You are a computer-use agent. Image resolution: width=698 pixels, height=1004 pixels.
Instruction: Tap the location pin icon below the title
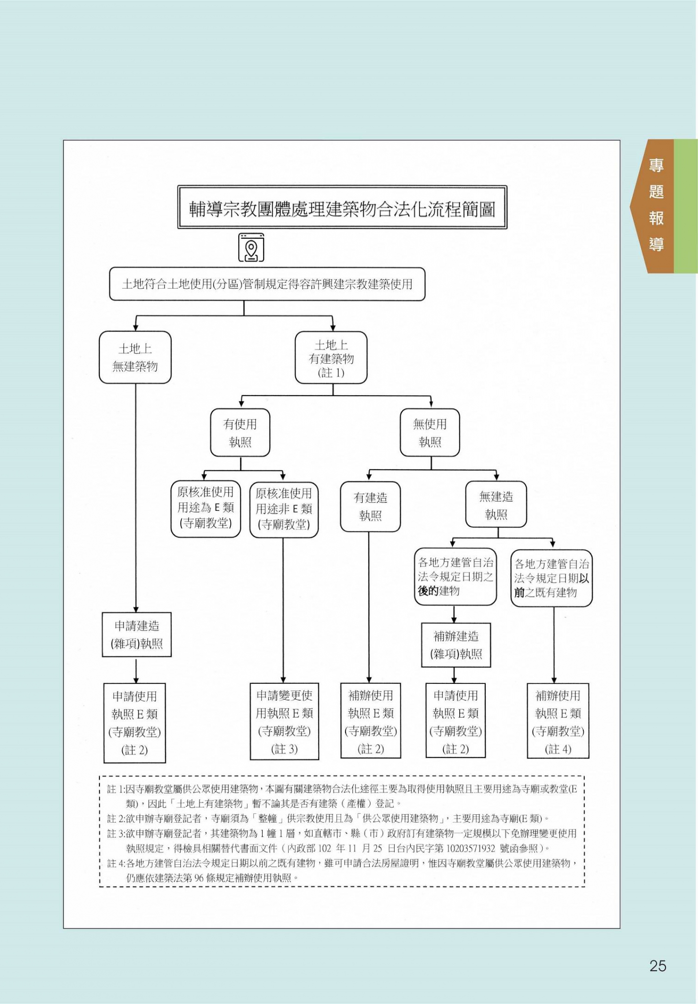[x=251, y=248]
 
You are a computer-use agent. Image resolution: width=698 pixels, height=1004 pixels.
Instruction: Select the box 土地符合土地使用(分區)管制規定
[x=267, y=284]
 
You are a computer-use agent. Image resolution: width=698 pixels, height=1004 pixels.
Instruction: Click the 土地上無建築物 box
[x=135, y=357]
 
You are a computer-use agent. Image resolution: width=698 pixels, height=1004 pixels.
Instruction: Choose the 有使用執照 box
[x=240, y=433]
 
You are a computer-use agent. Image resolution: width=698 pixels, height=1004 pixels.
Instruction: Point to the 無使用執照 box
[x=430, y=433]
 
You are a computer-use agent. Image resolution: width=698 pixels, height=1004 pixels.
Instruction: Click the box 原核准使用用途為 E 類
[x=206, y=508]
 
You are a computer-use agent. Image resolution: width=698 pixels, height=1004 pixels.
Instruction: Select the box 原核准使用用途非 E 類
[x=284, y=509]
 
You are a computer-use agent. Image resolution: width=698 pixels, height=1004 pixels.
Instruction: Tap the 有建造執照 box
[x=370, y=507]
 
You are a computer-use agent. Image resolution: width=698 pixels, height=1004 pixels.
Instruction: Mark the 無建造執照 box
[x=496, y=505]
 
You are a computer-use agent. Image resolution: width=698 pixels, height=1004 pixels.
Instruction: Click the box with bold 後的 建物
[x=455, y=577]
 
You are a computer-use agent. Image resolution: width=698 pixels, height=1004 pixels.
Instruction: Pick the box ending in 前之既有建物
[x=551, y=578]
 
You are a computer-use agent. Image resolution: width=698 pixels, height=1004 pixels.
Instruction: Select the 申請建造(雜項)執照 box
[x=137, y=634]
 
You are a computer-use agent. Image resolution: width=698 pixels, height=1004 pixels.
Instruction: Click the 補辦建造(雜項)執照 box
[x=456, y=645]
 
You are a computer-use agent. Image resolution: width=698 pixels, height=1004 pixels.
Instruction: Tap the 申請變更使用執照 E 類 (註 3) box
[x=284, y=722]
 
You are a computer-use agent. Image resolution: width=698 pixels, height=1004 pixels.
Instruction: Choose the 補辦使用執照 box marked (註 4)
[x=558, y=722]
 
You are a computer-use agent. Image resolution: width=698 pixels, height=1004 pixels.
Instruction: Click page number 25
[x=658, y=966]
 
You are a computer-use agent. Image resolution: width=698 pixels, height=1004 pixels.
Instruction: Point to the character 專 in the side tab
[x=656, y=166]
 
